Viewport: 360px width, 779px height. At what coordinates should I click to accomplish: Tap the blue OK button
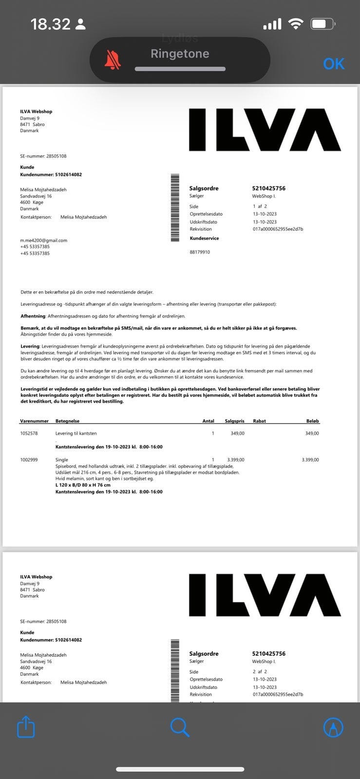[x=334, y=64]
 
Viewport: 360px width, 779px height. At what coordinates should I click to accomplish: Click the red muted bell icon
[x=113, y=60]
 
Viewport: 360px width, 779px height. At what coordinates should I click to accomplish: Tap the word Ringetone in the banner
[x=180, y=54]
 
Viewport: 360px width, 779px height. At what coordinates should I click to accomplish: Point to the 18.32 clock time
[x=50, y=24]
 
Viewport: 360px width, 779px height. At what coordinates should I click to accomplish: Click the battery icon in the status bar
[x=322, y=24]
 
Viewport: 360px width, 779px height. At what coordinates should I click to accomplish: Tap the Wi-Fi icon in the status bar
[x=295, y=24]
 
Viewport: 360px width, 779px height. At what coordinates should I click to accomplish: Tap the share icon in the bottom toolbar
[x=26, y=727]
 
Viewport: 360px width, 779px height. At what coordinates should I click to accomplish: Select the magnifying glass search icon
[x=180, y=727]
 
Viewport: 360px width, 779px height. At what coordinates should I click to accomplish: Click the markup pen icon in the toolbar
[x=333, y=727]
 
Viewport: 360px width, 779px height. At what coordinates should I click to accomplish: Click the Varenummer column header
[x=34, y=421]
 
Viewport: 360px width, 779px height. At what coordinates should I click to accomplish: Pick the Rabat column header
[x=259, y=421]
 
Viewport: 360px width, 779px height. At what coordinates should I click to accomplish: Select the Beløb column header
[x=313, y=421]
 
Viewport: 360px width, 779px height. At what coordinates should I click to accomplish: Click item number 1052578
[x=29, y=433]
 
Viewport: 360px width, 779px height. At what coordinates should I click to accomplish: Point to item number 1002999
[x=29, y=460]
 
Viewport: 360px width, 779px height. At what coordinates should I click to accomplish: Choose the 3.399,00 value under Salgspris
[x=236, y=460]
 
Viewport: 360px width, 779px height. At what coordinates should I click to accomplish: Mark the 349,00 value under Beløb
[x=312, y=433]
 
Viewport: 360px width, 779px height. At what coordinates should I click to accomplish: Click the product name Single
[x=62, y=460]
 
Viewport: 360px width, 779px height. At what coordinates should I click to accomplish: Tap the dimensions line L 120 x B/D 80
[x=83, y=485]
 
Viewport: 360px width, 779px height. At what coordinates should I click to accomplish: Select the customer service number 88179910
[x=200, y=252]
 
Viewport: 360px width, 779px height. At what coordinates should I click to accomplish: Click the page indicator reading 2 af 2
[x=260, y=671]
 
